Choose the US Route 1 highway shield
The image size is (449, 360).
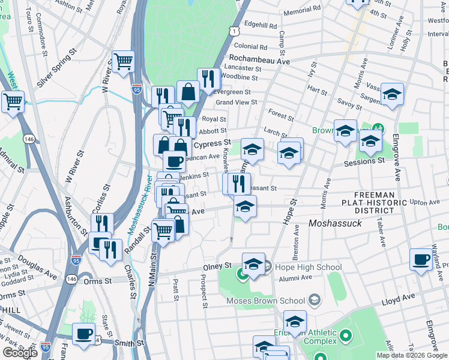(235, 29)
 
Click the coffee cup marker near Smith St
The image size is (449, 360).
(83, 334)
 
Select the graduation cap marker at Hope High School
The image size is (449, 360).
(253, 264)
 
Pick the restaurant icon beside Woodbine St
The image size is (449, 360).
(208, 79)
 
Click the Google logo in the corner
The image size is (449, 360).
(20, 353)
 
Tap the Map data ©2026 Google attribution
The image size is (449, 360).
(411, 355)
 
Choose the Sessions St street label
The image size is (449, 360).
(364, 161)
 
